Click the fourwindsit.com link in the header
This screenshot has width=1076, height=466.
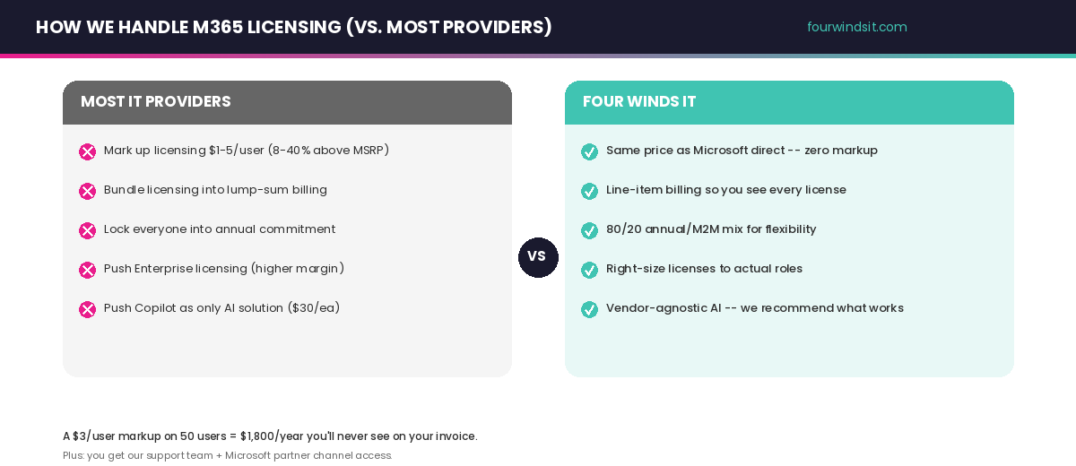856,27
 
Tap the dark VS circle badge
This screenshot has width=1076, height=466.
538,257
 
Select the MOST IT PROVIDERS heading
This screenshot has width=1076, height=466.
156,101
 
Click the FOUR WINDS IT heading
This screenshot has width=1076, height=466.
639,101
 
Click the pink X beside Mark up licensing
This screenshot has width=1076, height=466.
87,151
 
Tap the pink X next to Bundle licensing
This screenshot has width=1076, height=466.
87,191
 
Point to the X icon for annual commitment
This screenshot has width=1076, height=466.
87,230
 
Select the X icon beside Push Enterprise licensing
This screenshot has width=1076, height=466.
87,270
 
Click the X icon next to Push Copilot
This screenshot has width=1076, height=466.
87,309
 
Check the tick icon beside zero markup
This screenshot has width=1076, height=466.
589,151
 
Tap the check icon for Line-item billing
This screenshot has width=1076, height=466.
589,191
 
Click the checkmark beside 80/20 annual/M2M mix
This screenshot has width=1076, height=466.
589,230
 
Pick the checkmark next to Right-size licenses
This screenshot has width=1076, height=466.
589,270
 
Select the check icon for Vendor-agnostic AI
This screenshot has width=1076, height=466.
589,309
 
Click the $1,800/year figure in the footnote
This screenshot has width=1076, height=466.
271,436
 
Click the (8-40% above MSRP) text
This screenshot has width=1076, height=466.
328,151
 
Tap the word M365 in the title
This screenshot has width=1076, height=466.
217,27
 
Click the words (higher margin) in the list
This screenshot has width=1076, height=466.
297,269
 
